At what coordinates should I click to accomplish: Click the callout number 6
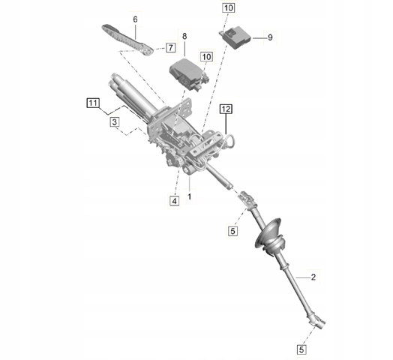point(135,19)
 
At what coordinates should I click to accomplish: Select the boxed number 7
point(171,47)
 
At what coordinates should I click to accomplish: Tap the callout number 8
point(184,37)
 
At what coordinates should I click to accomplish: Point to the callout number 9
point(270,37)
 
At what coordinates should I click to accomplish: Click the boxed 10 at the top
point(228,7)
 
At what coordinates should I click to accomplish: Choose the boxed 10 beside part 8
point(206,57)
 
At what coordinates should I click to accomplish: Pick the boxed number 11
point(93,103)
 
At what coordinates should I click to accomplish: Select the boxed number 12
point(226,109)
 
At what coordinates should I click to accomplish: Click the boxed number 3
point(115,122)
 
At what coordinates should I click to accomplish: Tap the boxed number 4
point(175,200)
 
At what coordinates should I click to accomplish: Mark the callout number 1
point(190,196)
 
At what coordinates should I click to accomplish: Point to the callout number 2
point(313,277)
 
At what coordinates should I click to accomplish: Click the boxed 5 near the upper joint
point(232,231)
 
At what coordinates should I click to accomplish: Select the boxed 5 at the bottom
point(301,349)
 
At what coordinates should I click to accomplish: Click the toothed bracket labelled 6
point(127,40)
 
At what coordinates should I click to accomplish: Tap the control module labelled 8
point(190,75)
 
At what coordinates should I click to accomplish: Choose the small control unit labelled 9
point(236,37)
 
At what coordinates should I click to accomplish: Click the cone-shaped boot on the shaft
point(270,238)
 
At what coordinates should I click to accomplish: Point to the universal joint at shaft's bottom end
point(317,322)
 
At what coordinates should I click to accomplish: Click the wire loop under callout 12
point(229,141)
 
